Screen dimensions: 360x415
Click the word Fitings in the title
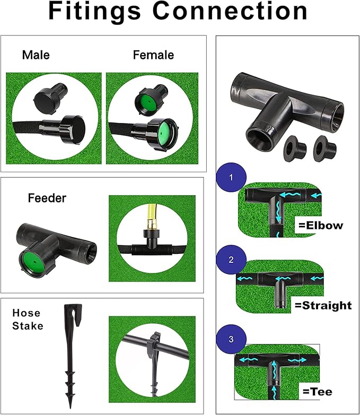pyautogui.click(x=94, y=11)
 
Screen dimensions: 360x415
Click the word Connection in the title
pyautogui.click(x=230, y=11)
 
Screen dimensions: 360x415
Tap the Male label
pyautogui.click(x=36, y=55)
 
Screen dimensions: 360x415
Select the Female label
pyautogui.click(x=153, y=55)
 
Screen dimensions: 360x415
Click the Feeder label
pyautogui.click(x=47, y=198)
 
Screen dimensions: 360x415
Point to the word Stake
pyautogui.click(x=28, y=326)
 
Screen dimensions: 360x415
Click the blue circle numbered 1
pyautogui.click(x=231, y=178)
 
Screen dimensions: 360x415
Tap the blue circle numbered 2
pyautogui.click(x=231, y=260)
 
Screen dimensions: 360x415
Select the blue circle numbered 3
pyautogui.click(x=231, y=339)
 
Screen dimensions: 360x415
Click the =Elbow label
pyautogui.click(x=321, y=225)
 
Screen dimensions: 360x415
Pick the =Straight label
pyautogui.click(x=323, y=305)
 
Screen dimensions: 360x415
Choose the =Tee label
pyautogui.click(x=318, y=392)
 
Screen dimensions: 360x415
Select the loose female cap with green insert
pyautogui.click(x=152, y=99)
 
